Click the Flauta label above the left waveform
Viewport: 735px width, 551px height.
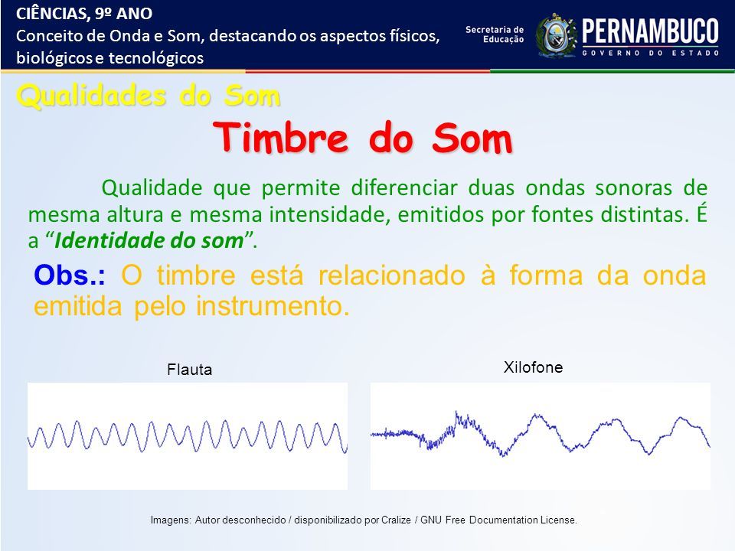click(189, 370)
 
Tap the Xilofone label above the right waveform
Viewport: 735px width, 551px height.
click(533, 367)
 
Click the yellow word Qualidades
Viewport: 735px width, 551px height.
click(91, 96)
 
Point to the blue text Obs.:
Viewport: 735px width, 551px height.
click(70, 275)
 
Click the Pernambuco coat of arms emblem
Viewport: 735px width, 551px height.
click(556, 35)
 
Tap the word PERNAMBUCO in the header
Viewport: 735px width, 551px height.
click(650, 31)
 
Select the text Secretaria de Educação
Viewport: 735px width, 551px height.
click(495, 34)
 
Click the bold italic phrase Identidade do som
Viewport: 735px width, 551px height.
click(149, 241)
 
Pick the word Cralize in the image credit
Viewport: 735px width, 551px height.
click(396, 520)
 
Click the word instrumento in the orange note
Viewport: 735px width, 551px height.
click(273, 306)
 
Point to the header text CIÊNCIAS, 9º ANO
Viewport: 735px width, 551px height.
click(84, 14)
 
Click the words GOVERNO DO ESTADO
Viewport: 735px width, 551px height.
click(650, 53)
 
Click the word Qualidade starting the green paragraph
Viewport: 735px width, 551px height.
click(152, 188)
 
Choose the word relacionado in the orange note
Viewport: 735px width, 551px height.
click(391, 275)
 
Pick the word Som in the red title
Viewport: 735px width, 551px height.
click(472, 138)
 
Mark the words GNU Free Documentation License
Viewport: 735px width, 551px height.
click(498, 520)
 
